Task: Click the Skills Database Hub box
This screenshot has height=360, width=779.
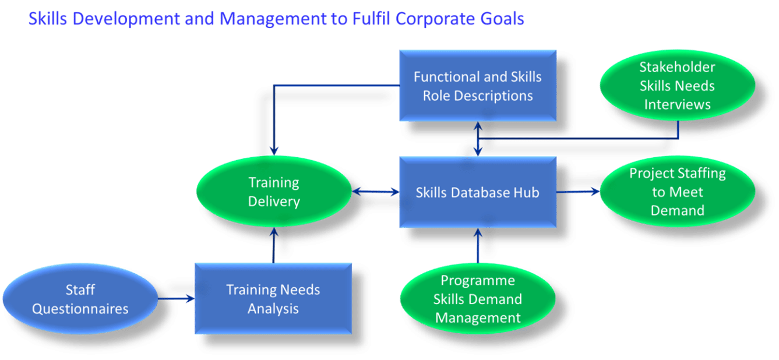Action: pyautogui.click(x=478, y=192)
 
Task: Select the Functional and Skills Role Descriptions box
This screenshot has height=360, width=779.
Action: pyautogui.click(x=478, y=86)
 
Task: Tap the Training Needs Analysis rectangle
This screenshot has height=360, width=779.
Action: pyautogui.click(x=273, y=299)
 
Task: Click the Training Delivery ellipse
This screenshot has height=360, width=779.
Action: pyautogui.click(x=274, y=192)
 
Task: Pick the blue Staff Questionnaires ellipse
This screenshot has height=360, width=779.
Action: pyautogui.click(x=80, y=299)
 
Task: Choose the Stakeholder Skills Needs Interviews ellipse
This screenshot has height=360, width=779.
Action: pyautogui.click(x=678, y=86)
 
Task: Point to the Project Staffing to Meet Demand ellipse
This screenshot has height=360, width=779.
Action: pyautogui.click(x=678, y=192)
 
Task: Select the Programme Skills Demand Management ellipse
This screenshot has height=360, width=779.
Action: pyautogui.click(x=478, y=299)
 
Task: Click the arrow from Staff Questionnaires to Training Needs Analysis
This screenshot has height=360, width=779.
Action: pyautogui.click(x=177, y=298)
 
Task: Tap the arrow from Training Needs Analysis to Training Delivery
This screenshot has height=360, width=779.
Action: pyautogui.click(x=274, y=245)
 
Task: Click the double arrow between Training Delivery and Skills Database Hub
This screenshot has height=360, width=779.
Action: pyautogui.click(x=376, y=192)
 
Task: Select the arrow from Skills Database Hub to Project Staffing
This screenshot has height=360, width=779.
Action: pyautogui.click(x=578, y=191)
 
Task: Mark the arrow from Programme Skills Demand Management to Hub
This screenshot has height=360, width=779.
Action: pyautogui.click(x=478, y=246)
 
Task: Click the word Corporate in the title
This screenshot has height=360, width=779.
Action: pyautogui.click(x=435, y=19)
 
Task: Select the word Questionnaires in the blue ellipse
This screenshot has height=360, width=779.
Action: pyautogui.click(x=80, y=309)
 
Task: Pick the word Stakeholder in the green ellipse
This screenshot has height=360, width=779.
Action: pyautogui.click(x=678, y=67)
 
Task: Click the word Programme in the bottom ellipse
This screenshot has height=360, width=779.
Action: pyautogui.click(x=478, y=281)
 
